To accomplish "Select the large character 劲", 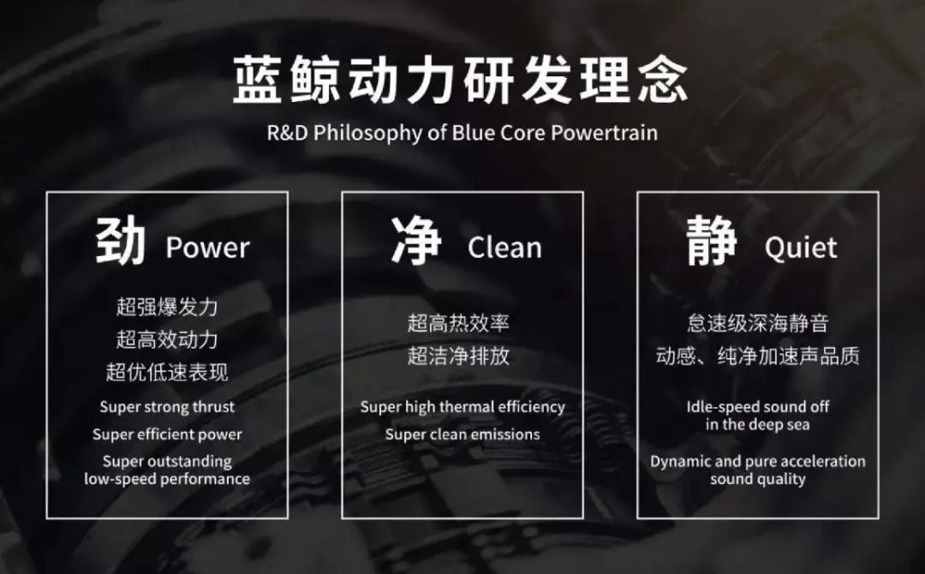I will [120, 241].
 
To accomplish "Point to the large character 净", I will [416, 241].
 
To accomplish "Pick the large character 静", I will [712, 241].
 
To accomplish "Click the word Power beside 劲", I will [207, 248].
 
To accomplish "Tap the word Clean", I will [504, 248].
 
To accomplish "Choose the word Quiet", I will [801, 248].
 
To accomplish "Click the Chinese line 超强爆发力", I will [167, 306].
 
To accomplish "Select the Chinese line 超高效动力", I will [167, 339].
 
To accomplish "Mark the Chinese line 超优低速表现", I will [167, 372].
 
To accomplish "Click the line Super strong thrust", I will [167, 407].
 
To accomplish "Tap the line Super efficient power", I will [167, 434].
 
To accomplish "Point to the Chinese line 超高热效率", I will [459, 323].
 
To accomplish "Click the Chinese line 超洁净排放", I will [459, 356].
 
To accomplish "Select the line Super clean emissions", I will [462, 434].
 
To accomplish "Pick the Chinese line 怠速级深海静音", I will [758, 323].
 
